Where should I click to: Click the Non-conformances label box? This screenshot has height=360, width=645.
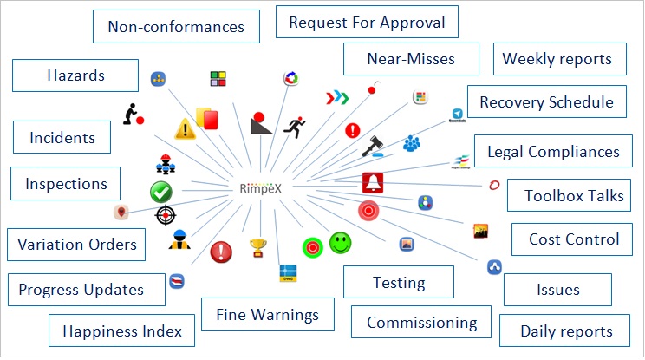pos(175,26)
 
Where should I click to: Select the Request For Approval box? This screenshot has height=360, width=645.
pos(367,22)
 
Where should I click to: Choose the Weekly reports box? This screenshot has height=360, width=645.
pos(557,59)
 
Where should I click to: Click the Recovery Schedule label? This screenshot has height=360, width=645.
pos(546,101)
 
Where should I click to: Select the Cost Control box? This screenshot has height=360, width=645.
pos(574,239)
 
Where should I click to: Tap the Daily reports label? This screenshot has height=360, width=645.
pos(566,331)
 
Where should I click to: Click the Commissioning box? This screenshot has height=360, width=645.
pos(421,323)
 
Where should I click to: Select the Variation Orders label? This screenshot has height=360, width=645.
pos(77,244)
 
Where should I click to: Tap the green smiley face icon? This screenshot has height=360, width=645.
pos(341,243)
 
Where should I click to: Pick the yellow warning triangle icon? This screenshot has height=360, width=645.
pos(185,129)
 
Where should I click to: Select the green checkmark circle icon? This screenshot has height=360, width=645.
pos(160,192)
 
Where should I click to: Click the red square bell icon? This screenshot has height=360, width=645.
pos(373,183)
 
